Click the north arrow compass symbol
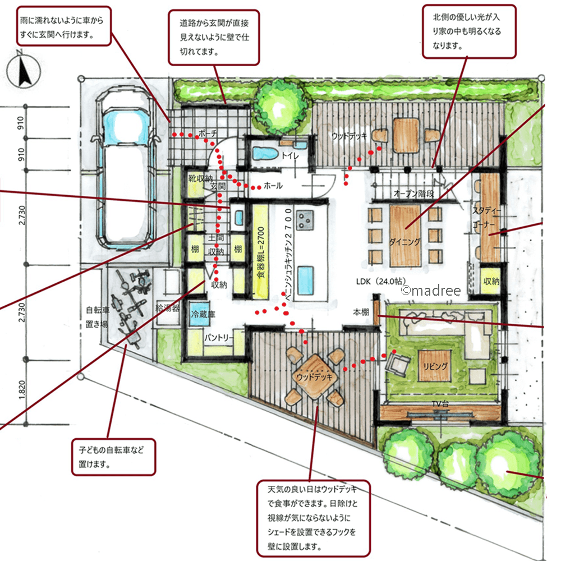click(24, 70)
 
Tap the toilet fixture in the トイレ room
click(265, 154)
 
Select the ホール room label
click(273, 185)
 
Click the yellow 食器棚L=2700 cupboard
click(261, 252)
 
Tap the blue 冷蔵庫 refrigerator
click(200, 314)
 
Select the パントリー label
click(219, 337)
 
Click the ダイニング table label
click(404, 242)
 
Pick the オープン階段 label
click(414, 194)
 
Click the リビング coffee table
click(435, 366)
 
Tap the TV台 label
click(440, 404)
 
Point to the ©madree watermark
click(431, 290)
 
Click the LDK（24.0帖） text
click(381, 282)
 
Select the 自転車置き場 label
click(97, 317)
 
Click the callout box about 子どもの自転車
click(113, 457)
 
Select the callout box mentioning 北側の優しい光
click(469, 31)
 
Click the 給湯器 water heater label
click(167, 307)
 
